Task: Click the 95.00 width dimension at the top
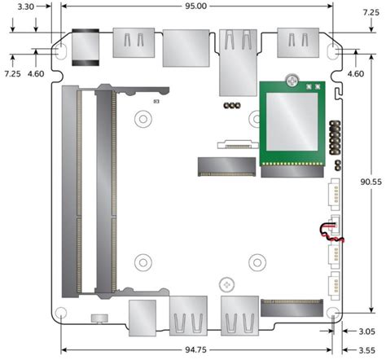(195, 6)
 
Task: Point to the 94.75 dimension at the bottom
(196, 350)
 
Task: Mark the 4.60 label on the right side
(356, 74)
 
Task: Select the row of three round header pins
(230, 106)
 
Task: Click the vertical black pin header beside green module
(335, 142)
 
